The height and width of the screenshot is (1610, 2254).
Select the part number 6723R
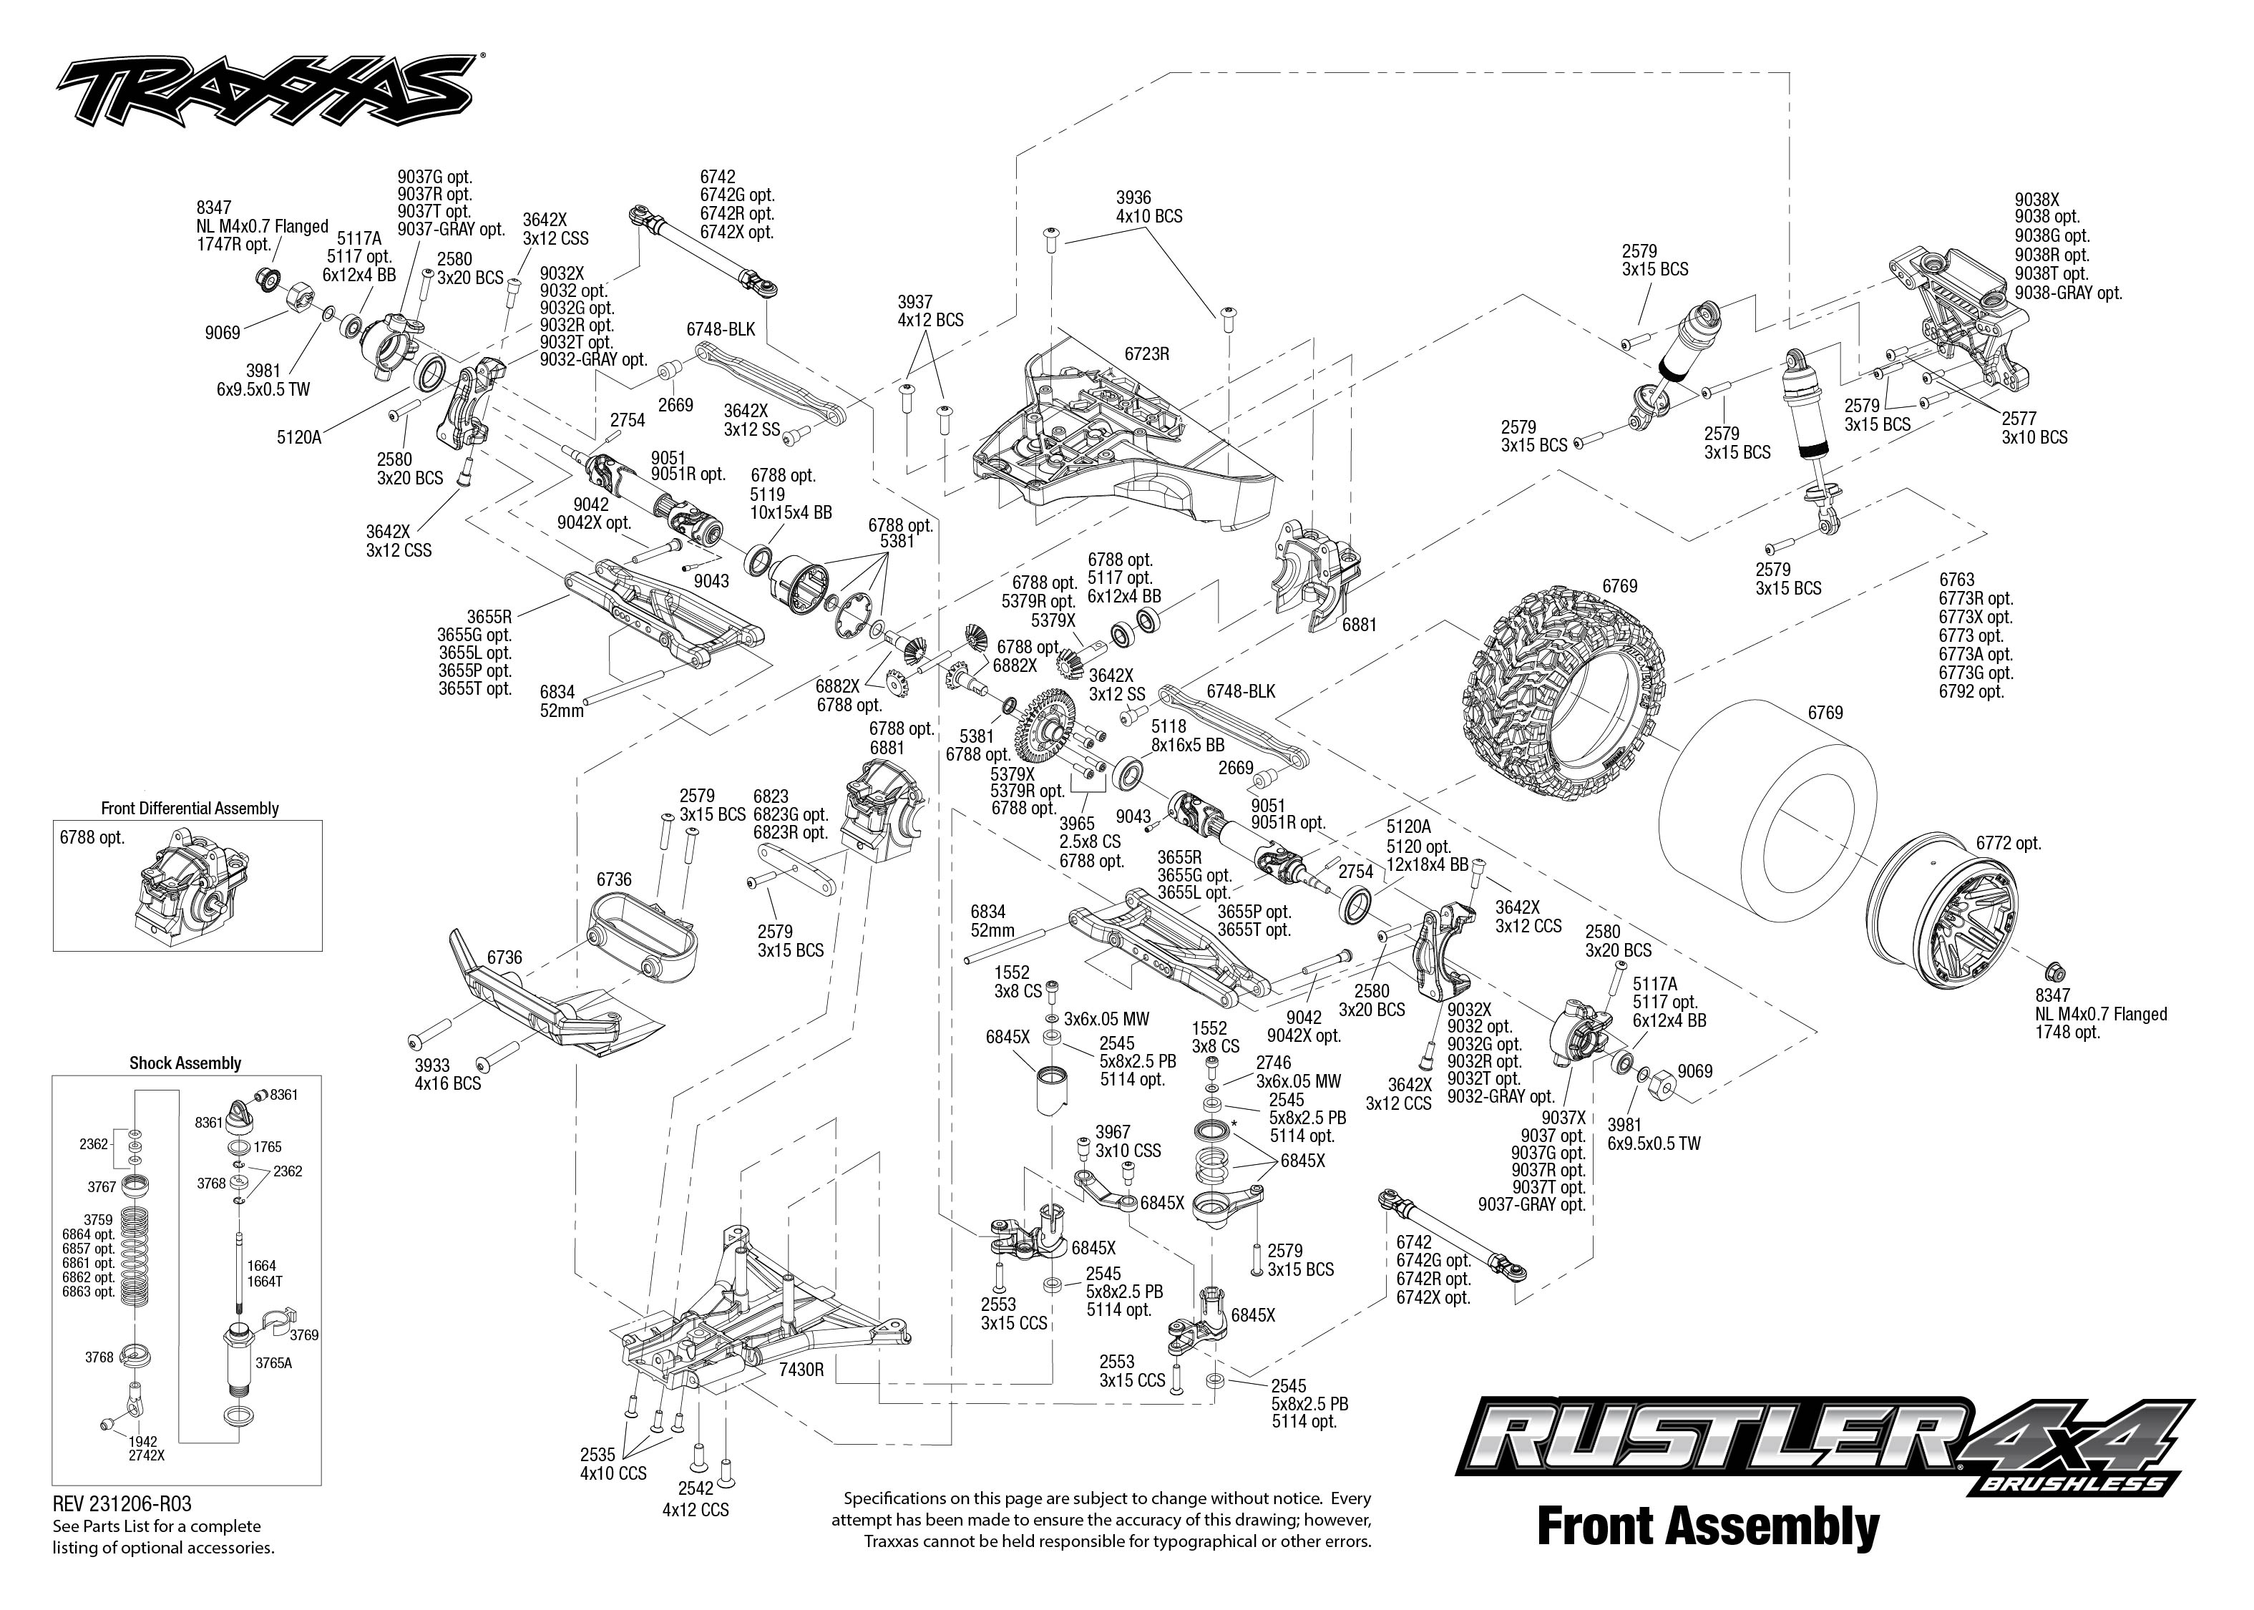click(1147, 353)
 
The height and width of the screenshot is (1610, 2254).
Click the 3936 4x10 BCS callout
click(1148, 208)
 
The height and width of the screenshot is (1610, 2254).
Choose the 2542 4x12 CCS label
click(695, 1500)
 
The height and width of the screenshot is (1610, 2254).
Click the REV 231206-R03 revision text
click(122, 1504)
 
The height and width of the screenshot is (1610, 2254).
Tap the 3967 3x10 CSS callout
click(1128, 1141)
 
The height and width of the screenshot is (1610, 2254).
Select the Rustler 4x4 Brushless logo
click(1826, 1450)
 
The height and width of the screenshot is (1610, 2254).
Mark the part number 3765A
click(273, 1363)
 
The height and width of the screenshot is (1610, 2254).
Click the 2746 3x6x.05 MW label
click(1299, 1072)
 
